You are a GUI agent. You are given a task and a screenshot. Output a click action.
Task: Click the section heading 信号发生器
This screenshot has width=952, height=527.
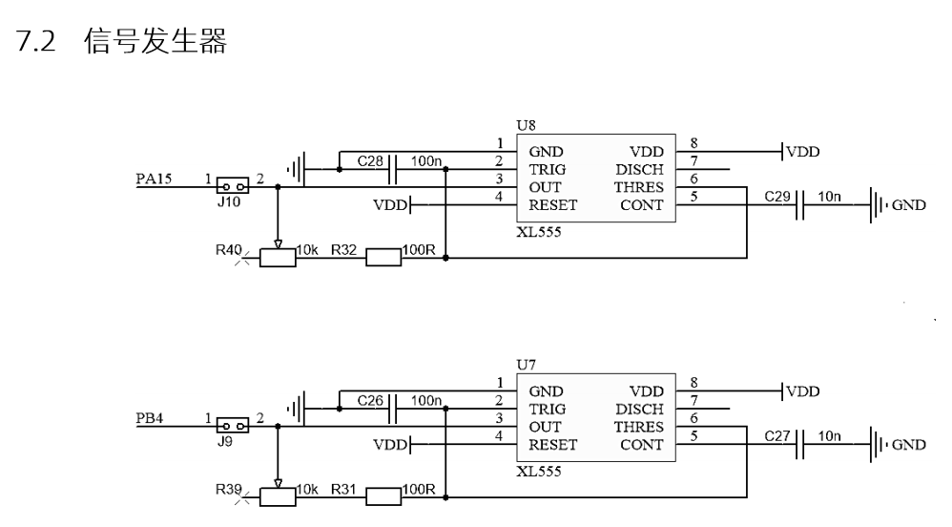pos(155,41)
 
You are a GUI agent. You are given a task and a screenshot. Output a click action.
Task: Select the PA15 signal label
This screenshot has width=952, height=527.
pos(154,179)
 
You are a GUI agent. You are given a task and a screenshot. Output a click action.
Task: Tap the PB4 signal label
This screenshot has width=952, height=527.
pos(150,418)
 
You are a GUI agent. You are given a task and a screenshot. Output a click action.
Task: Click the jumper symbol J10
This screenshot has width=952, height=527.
pos(233,186)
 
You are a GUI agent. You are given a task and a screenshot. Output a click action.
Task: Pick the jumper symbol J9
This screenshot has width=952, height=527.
pos(233,426)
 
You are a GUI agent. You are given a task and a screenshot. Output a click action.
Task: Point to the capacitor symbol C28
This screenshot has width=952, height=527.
pos(392,169)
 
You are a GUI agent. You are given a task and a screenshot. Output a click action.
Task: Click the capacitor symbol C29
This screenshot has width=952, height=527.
pos(799,205)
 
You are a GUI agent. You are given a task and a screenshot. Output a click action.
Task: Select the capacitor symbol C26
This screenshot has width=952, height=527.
pos(392,409)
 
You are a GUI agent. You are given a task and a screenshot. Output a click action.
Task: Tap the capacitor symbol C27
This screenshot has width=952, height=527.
pos(799,444)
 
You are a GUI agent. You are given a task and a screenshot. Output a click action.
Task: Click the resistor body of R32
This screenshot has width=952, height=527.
pos(383,258)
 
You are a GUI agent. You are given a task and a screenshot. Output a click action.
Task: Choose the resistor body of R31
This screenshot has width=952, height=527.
pos(383,497)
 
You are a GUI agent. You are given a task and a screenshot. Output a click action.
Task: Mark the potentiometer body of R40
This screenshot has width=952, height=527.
pos(278,258)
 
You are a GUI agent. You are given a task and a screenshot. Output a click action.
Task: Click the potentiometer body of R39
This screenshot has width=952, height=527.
pos(278,497)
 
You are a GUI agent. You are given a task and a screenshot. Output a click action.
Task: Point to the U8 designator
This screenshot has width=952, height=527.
pos(526,126)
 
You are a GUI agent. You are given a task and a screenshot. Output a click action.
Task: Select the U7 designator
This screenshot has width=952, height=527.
pos(526,366)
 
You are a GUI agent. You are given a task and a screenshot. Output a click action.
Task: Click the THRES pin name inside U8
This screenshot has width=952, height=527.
pos(639,187)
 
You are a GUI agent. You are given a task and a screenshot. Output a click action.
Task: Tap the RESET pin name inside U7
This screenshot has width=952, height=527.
pos(552,445)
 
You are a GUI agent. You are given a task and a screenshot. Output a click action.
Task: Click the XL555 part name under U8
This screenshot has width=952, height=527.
pos(539,232)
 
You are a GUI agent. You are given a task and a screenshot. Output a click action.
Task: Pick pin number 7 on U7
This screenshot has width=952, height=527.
pos(693,400)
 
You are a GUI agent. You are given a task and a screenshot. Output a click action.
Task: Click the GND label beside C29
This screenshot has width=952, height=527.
pos(908,205)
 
